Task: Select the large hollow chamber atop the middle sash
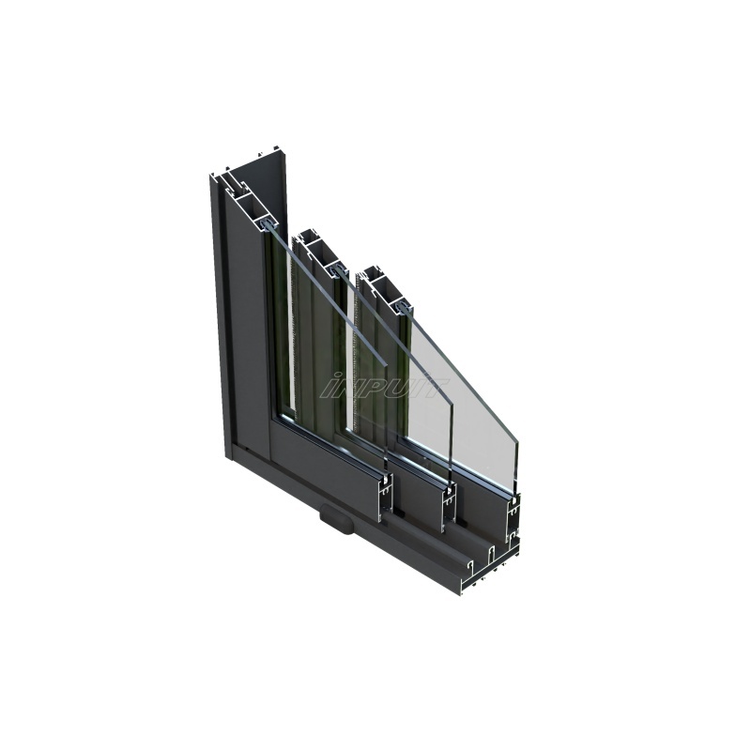tap(314, 250)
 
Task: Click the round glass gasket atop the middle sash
tap(336, 270)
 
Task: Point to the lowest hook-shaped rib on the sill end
tap(469, 567)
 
